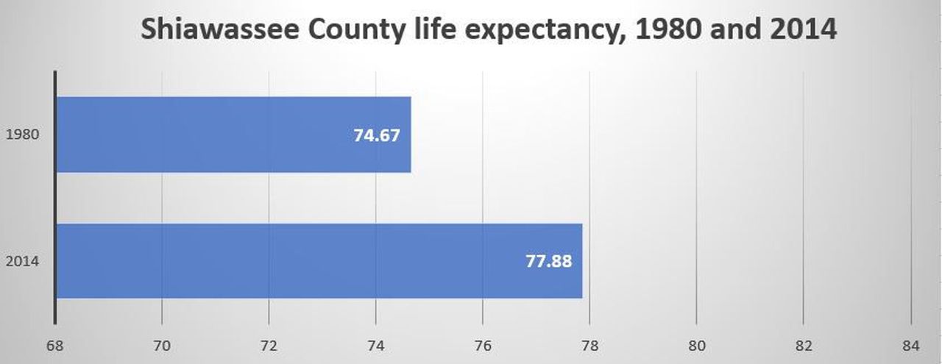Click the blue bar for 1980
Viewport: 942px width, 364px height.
click(233, 135)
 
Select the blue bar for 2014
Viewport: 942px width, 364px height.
click(319, 261)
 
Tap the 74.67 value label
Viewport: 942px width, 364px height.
click(377, 135)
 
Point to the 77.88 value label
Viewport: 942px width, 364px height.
click(549, 262)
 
